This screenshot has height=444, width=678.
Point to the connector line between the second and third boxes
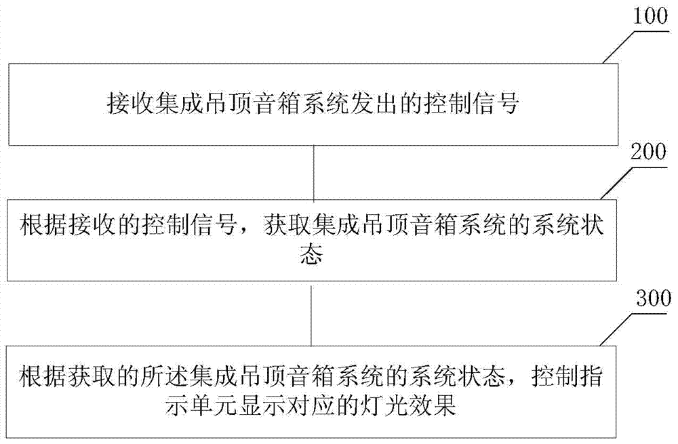click(x=311, y=315)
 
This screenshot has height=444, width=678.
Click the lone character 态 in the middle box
click(x=313, y=256)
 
